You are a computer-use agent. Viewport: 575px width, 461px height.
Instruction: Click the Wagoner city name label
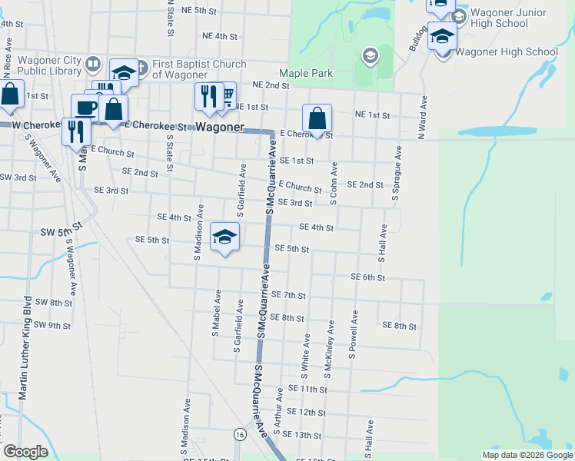coord(219,127)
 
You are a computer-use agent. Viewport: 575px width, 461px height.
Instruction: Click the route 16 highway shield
coord(241,435)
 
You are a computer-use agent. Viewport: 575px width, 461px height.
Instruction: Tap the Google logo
coord(25,452)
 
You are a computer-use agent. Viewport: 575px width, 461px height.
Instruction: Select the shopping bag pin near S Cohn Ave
coord(317,120)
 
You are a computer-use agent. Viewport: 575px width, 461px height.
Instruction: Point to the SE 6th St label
coord(367,277)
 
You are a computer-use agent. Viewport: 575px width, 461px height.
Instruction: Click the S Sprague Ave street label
coord(397,173)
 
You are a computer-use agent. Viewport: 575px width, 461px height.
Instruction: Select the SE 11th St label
coord(307,390)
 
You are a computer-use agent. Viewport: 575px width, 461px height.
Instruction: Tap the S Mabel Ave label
coord(216,313)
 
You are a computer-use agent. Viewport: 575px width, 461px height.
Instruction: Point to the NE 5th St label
coord(199,11)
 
